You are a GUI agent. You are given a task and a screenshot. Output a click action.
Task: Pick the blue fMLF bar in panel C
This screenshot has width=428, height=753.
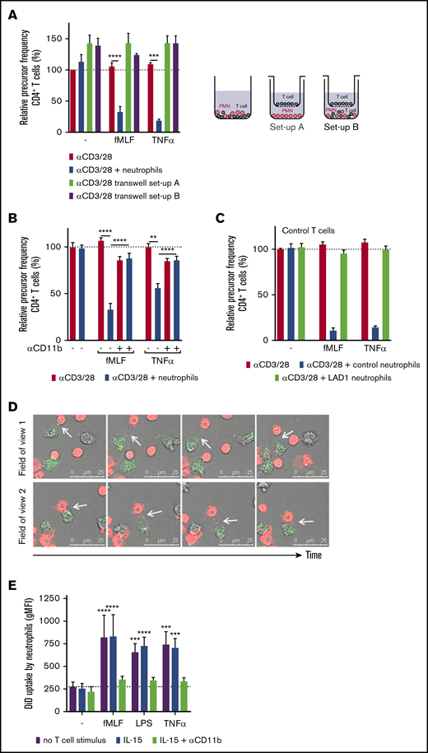point(309,334)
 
